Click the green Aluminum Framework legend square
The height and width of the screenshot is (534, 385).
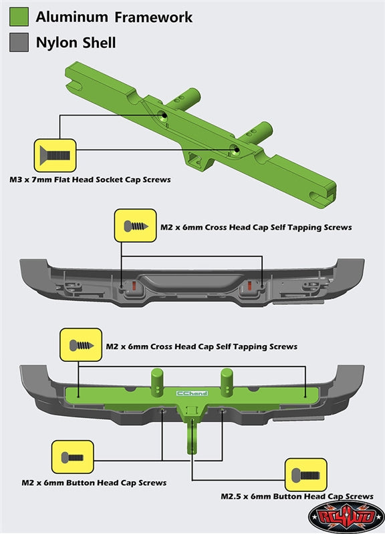[x=19, y=17]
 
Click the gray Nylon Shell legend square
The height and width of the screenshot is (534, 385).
[x=19, y=42]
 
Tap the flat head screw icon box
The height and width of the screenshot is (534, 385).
[x=55, y=156]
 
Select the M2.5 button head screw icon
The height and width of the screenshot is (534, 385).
[x=306, y=475]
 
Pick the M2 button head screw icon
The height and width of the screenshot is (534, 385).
[x=72, y=457]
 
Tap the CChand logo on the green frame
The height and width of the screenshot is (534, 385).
[x=192, y=393]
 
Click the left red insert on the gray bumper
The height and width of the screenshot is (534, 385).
[x=134, y=286]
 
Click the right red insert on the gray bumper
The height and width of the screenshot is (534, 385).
[x=249, y=286]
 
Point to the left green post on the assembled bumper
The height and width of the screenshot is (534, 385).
[x=157, y=382]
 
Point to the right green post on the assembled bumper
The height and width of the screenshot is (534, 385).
[x=227, y=382]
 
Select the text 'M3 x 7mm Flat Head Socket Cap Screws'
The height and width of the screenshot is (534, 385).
[x=90, y=180]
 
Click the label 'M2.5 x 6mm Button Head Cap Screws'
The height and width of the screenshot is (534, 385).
[x=297, y=496]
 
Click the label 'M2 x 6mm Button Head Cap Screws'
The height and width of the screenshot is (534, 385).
[x=94, y=483]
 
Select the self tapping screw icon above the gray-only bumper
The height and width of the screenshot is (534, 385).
[x=136, y=226]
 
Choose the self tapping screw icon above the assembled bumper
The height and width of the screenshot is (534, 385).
[x=81, y=345]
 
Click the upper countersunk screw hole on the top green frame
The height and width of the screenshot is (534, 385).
[x=163, y=115]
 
